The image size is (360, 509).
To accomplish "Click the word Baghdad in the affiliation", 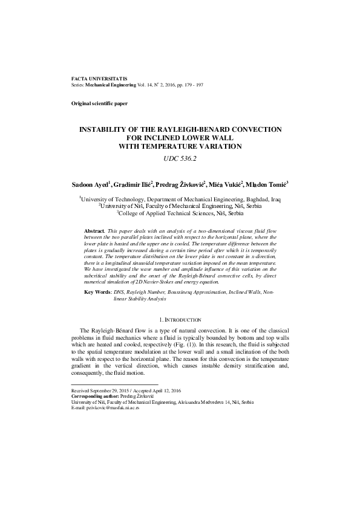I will (x=257, y=198).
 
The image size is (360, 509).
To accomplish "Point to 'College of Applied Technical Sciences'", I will (x=162, y=213).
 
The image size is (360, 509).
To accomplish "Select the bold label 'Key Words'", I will (x=97, y=291).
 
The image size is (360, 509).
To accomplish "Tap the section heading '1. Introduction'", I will (x=180, y=319).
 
